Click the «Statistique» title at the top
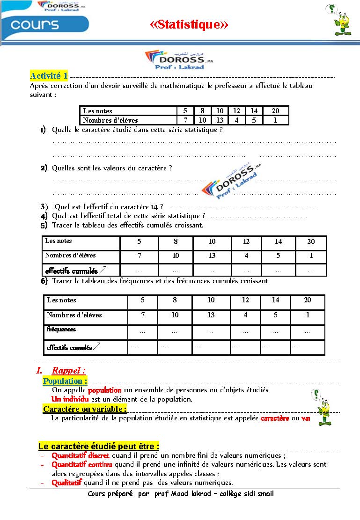pyautogui.click(x=189, y=24)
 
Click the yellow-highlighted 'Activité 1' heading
pyautogui.click(x=49, y=75)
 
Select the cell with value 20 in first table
pyautogui.click(x=275, y=111)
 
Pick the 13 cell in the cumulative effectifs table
pyautogui.click(x=212, y=256)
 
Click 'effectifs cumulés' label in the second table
pyautogui.click(x=72, y=271)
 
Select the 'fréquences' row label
pyautogui.click(x=61, y=329)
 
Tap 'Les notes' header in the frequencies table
pyautogui.click(x=61, y=300)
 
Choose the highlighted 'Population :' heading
pyautogui.click(x=65, y=381)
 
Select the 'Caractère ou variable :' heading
pyautogui.click(x=85, y=409)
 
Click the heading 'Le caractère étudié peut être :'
pyautogui.click(x=99, y=446)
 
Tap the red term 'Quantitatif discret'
pyautogui.click(x=81, y=455)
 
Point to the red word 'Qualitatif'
pyautogui.click(x=66, y=483)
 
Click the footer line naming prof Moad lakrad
pyautogui.click(x=181, y=494)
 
